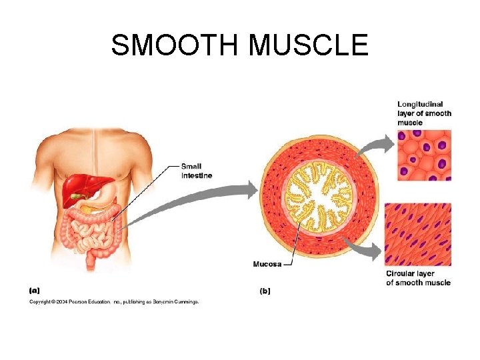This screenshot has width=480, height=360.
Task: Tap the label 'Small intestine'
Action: pyautogui.click(x=197, y=171)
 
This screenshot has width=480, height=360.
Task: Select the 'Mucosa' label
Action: pyautogui.click(x=267, y=265)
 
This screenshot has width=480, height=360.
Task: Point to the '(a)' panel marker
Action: pyautogui.click(x=35, y=290)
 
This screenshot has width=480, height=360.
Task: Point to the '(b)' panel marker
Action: pyautogui.click(x=265, y=291)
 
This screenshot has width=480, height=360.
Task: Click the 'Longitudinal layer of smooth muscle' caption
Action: pyautogui.click(x=424, y=113)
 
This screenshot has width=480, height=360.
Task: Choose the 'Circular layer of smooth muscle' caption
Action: pyautogui.click(x=418, y=278)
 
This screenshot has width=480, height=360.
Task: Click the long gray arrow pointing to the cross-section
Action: pyautogui.click(x=193, y=200)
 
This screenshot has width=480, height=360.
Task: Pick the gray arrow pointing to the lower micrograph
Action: pyautogui.click(x=367, y=250)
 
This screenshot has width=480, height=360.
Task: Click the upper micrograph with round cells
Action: pyautogui.click(x=424, y=155)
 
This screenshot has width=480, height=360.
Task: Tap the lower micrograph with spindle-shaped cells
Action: pyautogui.click(x=418, y=234)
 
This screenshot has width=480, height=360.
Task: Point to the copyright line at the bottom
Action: pyautogui.click(x=113, y=301)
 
